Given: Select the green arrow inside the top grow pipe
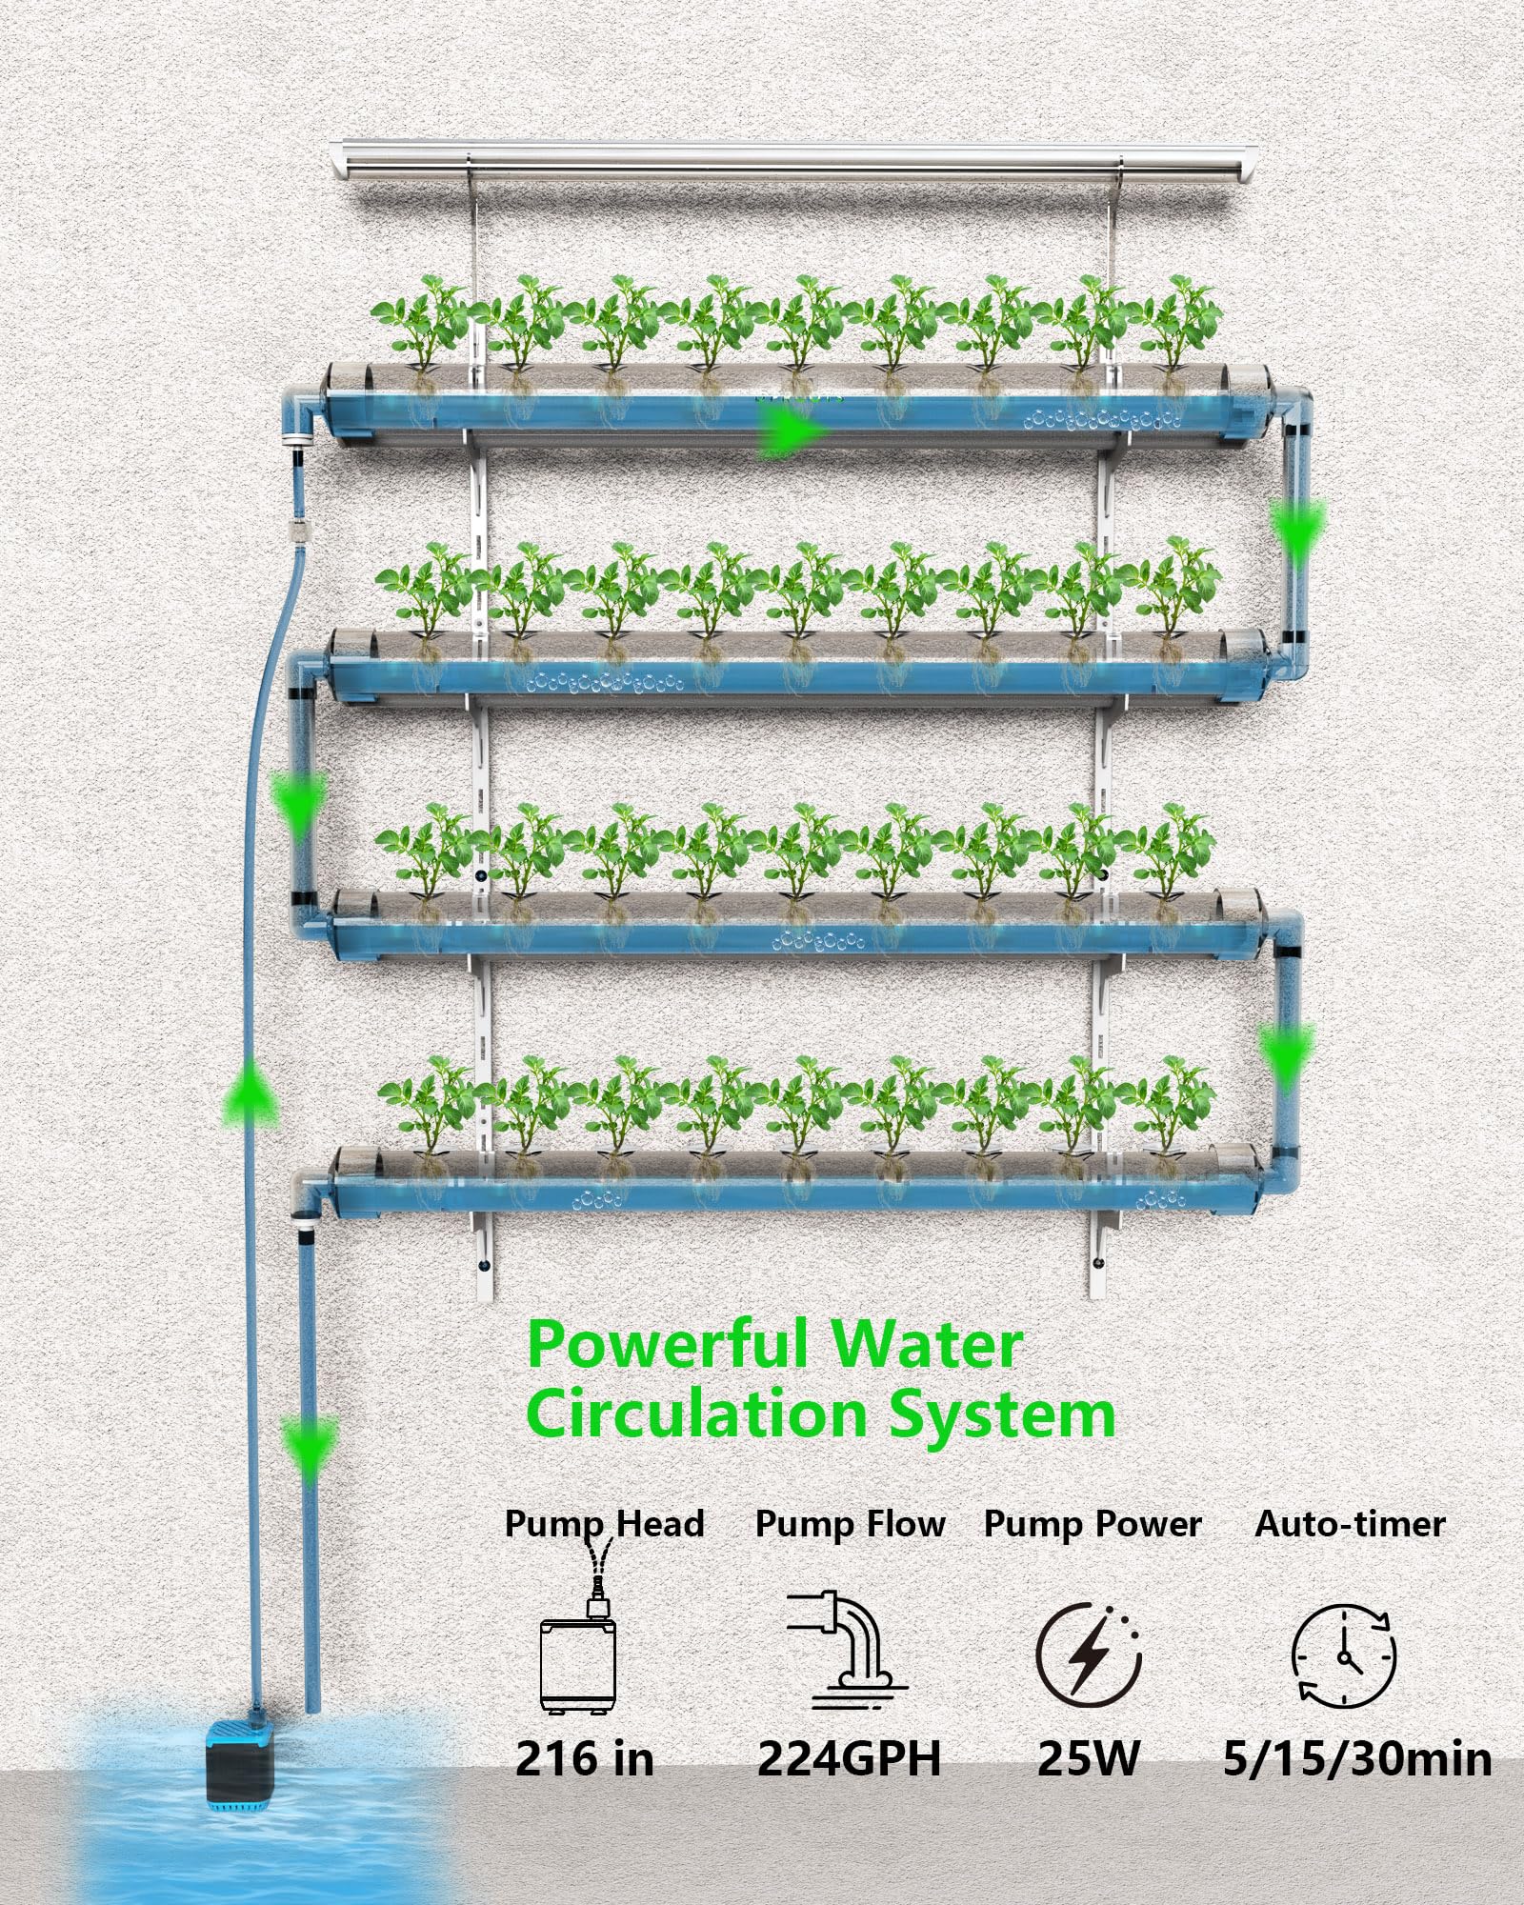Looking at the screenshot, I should click(x=792, y=433).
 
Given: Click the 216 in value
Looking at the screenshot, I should click(x=585, y=1758).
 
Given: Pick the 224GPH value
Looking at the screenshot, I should click(x=849, y=1758).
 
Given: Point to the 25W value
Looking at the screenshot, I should click(x=1088, y=1758).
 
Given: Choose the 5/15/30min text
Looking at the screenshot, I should click(x=1357, y=1758).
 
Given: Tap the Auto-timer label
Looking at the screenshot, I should click(x=1350, y=1524).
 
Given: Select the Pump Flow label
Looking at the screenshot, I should click(x=850, y=1524).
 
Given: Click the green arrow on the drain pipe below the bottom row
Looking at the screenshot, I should click(x=310, y=1447).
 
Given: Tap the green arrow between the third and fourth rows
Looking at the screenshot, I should click(x=1287, y=1057).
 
